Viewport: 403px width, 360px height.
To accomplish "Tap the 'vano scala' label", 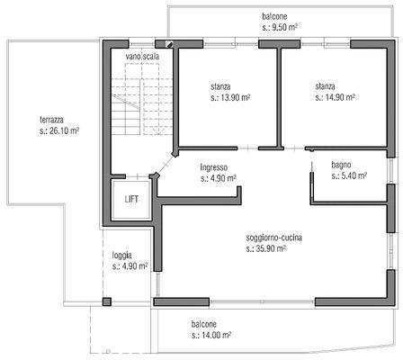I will tap(144, 57).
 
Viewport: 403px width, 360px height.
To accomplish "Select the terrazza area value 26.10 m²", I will tap(59, 130).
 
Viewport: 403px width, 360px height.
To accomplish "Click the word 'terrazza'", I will tap(52, 120).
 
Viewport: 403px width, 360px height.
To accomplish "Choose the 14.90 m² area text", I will tap(336, 97).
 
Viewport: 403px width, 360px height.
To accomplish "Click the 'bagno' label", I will tap(341, 165).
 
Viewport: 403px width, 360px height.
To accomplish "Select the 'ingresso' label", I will tap(213, 167).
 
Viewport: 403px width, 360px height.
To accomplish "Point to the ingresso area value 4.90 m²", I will tap(219, 178).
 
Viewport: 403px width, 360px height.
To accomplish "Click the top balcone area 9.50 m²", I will tap(281, 27).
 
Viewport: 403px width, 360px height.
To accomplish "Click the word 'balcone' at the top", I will tap(275, 16).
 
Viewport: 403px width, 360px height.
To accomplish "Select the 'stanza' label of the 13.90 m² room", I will tap(222, 86).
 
